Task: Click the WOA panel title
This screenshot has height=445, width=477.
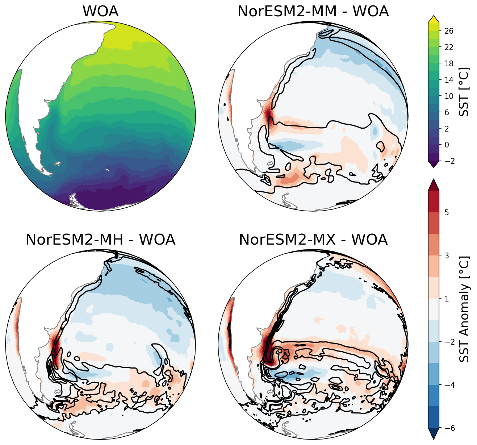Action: (x=100, y=12)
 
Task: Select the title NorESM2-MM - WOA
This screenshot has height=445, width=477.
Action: (x=313, y=12)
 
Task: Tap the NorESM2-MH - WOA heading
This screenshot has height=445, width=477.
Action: (x=100, y=240)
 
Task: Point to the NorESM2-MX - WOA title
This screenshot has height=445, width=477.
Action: (x=313, y=240)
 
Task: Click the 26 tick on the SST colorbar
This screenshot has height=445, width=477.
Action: (x=449, y=31)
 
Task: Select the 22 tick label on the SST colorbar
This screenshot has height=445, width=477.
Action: (x=449, y=47)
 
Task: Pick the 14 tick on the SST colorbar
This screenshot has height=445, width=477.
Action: (x=449, y=80)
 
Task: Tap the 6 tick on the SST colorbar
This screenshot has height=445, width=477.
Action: (x=447, y=112)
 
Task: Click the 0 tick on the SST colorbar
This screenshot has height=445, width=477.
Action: (x=447, y=145)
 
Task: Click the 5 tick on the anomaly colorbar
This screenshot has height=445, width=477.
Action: (x=447, y=212)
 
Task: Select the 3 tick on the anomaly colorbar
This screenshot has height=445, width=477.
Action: (x=447, y=256)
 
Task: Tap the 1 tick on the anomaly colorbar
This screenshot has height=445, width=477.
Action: (x=447, y=299)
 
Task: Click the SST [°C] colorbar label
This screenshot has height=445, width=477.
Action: (x=464, y=92)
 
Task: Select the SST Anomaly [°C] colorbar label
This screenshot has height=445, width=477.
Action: (x=464, y=309)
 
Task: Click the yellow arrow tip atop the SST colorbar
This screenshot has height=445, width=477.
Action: (x=434, y=19)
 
